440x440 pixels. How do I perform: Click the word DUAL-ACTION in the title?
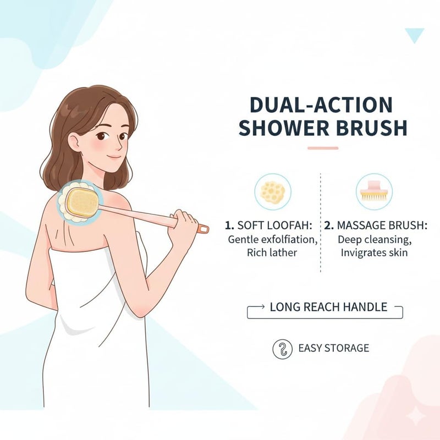[321, 105]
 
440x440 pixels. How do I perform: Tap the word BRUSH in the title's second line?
[372, 128]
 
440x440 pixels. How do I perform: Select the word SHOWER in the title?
[284, 128]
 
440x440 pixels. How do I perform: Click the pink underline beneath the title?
[323, 148]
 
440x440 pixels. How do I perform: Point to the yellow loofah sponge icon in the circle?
[273, 192]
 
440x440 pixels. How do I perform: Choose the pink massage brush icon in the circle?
[374, 190]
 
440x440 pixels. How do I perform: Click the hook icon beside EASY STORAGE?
[282, 349]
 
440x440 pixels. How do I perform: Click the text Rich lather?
[272, 252]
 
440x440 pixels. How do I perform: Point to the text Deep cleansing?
[375, 240]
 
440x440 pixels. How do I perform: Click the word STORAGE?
[346, 348]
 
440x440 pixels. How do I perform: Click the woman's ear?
[74, 142]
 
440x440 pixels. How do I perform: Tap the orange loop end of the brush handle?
[204, 229]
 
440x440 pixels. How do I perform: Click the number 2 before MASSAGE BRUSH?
[328, 226]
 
